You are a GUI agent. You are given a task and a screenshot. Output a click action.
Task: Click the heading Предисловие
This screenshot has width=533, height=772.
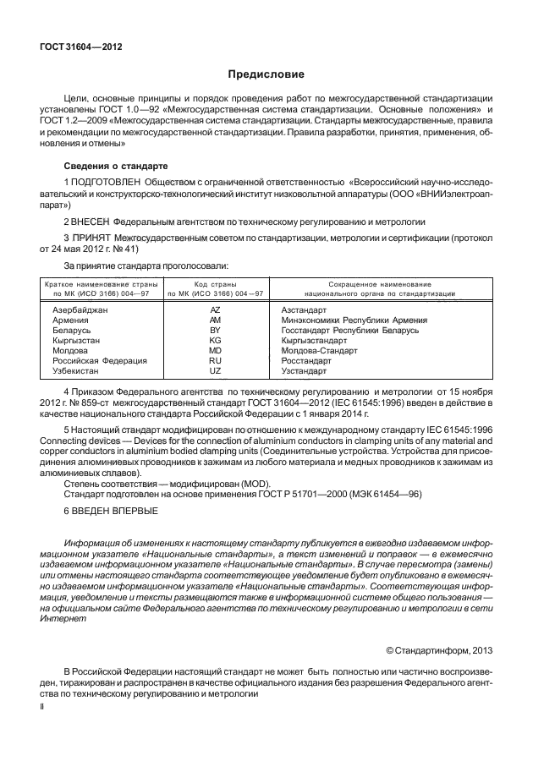[x=266, y=74]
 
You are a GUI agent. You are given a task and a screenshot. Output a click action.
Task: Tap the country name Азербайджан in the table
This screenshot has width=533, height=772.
[x=80, y=311]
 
